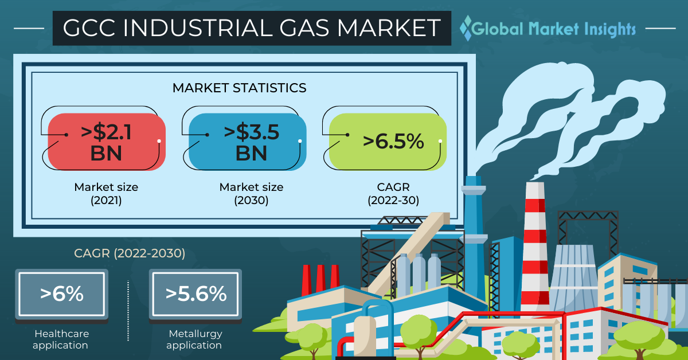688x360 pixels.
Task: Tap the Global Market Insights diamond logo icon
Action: tap(466, 28)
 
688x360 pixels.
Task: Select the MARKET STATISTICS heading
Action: tap(239, 88)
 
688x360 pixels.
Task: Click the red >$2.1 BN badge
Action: tap(107, 142)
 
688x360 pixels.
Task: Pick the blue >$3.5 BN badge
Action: tap(247, 142)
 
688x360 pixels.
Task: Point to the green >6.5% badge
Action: tap(388, 142)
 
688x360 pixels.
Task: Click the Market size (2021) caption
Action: tap(106, 194)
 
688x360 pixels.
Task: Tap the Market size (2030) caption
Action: tap(251, 194)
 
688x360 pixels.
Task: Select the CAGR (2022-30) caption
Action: tap(393, 194)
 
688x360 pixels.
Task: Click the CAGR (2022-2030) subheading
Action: tap(130, 253)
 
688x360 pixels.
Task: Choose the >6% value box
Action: tap(61, 294)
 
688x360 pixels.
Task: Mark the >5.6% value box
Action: tap(196, 294)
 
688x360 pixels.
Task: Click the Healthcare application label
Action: tap(61, 339)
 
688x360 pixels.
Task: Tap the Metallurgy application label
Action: tap(194, 339)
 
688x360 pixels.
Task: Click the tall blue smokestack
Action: tap(474, 246)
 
